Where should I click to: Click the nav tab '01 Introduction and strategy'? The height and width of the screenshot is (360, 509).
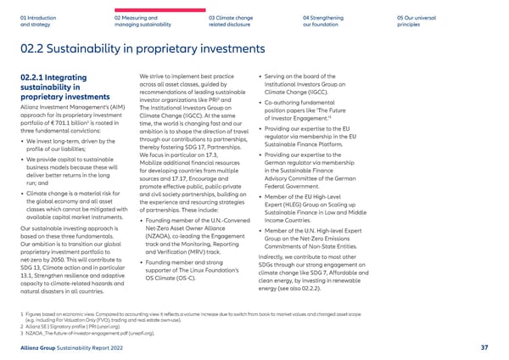pos(37,20)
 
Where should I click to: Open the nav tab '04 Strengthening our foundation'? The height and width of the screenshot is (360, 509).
pos(325,20)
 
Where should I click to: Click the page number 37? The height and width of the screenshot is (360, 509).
pos(484,346)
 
